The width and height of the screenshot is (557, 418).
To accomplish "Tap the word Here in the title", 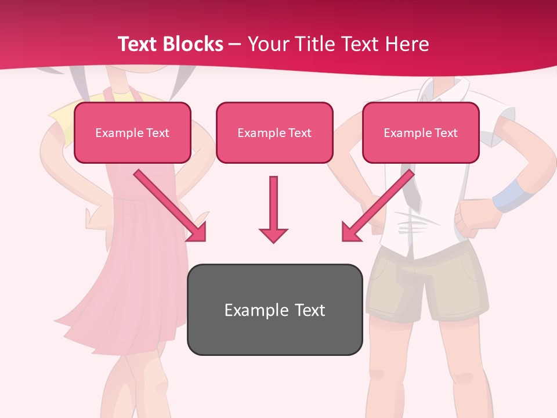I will tap(408, 44).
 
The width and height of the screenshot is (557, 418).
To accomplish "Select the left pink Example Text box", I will tap(132, 133).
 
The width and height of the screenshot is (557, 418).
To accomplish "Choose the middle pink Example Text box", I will tap(274, 133).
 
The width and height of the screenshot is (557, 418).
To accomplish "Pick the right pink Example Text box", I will tap(421, 133).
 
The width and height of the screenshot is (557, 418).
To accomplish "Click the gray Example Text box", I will tap(274, 310).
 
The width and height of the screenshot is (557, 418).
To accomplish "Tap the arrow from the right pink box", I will tap(378, 206).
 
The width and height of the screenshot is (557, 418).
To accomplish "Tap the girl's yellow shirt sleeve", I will tap(62, 119).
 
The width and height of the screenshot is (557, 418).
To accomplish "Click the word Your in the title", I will tap(266, 44).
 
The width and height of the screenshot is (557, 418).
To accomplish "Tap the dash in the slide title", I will tap(235, 44).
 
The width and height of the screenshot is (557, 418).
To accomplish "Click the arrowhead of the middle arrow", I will tap(273, 233).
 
